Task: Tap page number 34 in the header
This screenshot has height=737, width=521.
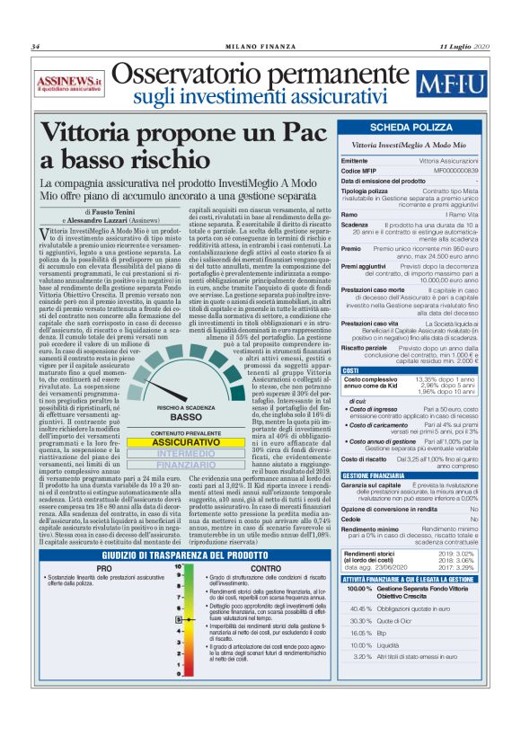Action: (37, 47)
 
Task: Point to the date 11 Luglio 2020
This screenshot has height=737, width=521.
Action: (464, 47)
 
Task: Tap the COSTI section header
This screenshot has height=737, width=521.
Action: (352, 369)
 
